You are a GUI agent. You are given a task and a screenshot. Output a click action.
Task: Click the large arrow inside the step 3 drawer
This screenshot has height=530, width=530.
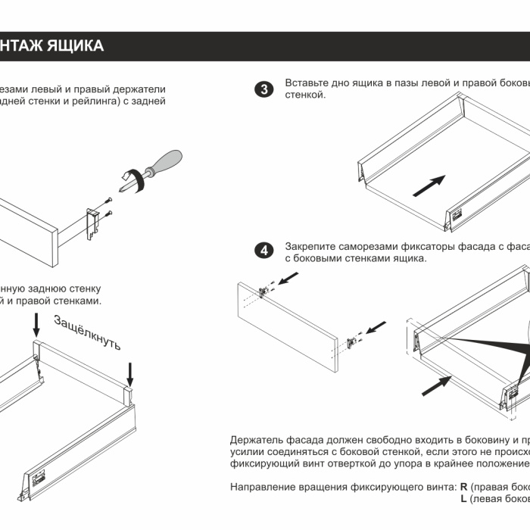(428, 185)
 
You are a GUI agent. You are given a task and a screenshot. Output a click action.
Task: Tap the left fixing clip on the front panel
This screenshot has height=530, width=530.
(266, 291)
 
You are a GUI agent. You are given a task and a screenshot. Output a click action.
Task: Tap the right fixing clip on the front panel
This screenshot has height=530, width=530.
(352, 342)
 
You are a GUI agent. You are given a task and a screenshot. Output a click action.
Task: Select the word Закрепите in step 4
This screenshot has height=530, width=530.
(310, 246)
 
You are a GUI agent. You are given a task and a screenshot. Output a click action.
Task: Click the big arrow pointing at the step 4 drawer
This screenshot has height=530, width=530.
(435, 385)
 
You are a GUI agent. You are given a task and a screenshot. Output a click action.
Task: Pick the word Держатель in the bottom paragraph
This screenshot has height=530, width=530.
(257, 441)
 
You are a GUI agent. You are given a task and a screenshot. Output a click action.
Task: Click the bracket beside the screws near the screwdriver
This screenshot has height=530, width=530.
(94, 221)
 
